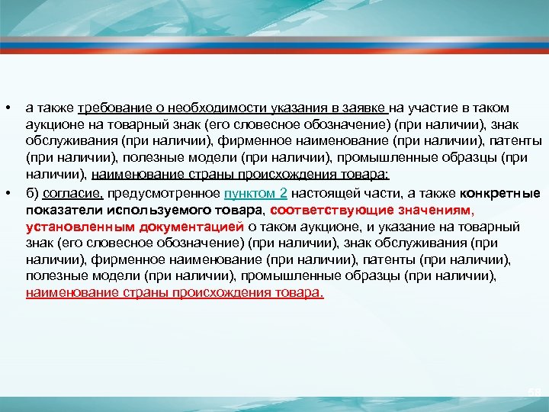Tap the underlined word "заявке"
[x=369, y=108]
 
